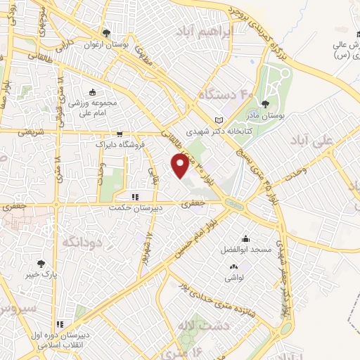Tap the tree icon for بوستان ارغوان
pos(106,32)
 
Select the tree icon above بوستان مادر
pos(265,105)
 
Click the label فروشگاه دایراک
pos(120,144)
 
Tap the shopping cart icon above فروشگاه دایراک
pos(120,134)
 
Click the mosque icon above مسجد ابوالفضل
pos(245,238)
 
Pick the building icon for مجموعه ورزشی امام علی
pos(92,91)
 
